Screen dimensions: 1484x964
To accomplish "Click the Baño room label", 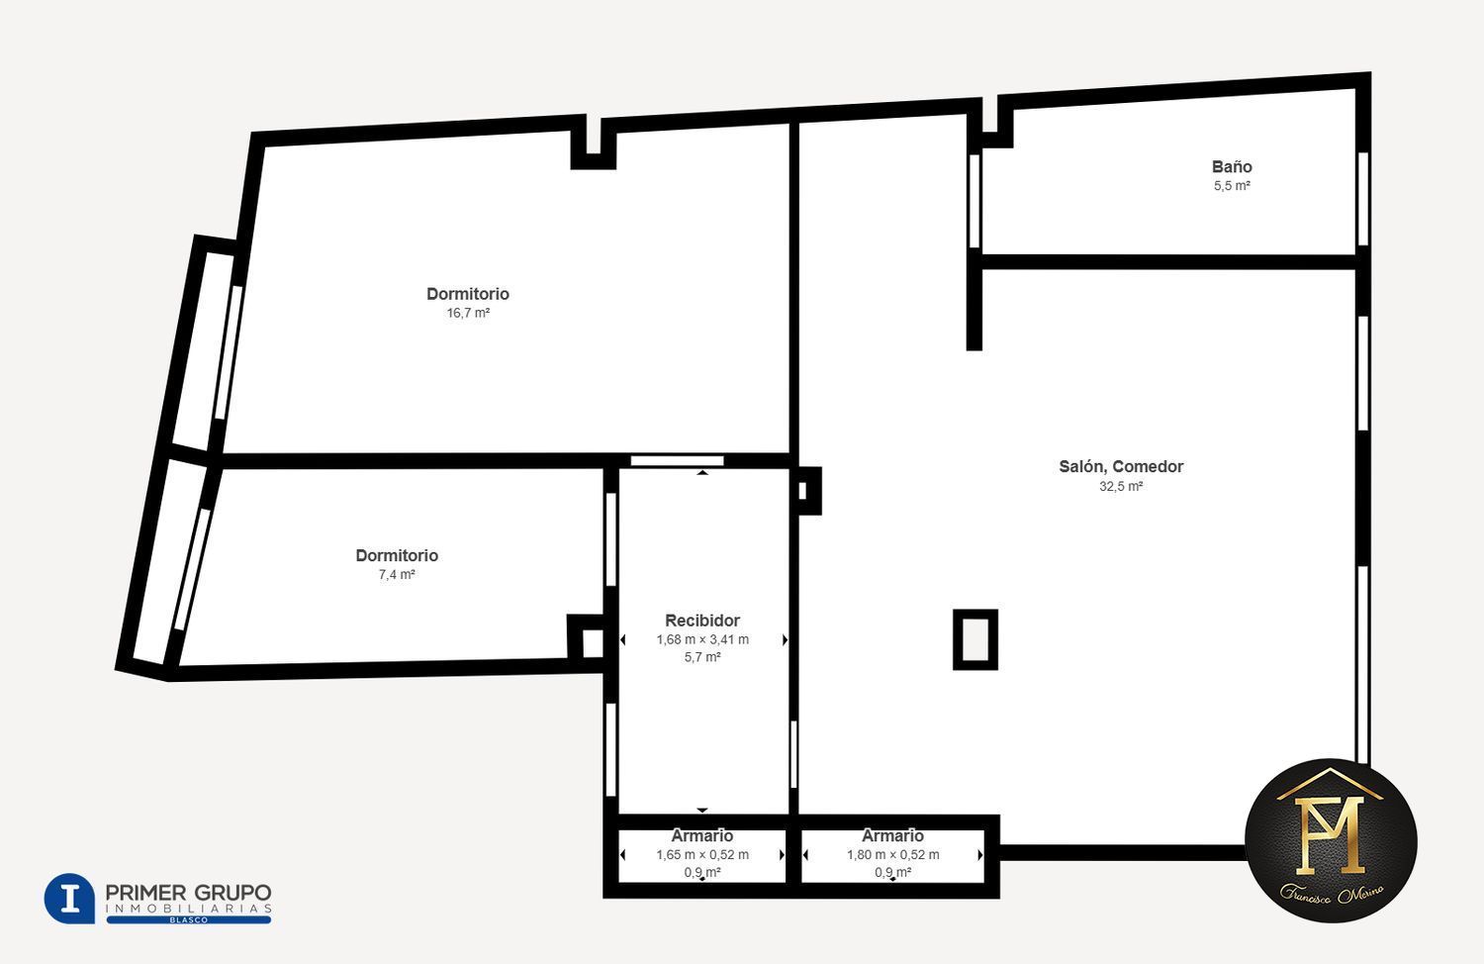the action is click(x=1232, y=167).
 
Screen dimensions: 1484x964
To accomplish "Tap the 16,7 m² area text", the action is click(x=468, y=313).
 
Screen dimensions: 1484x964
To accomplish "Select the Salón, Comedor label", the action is click(x=1121, y=466).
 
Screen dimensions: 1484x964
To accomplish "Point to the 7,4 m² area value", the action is click(x=396, y=574).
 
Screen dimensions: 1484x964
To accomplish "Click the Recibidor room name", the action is click(x=702, y=621).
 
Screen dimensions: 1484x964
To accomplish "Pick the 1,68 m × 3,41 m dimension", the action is click(x=702, y=639).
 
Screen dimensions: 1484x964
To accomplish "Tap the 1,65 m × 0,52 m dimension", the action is click(x=702, y=855).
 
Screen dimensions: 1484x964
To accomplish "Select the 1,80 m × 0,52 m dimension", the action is click(x=892, y=855).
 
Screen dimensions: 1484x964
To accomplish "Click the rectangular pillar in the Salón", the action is click(x=975, y=639).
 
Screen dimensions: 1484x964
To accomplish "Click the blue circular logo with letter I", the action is click(x=69, y=899).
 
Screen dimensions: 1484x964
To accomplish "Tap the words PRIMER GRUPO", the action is click(x=188, y=893).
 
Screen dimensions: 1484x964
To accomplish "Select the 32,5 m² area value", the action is click(x=1121, y=486).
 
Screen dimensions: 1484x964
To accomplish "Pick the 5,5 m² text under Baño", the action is click(x=1232, y=186).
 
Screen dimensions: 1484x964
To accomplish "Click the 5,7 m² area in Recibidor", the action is click(x=702, y=657).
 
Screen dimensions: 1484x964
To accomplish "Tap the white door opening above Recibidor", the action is click(x=677, y=461).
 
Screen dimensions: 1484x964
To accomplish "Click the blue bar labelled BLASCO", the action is click(x=189, y=919).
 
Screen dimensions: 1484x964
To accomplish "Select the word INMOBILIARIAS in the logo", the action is click(x=189, y=909).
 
